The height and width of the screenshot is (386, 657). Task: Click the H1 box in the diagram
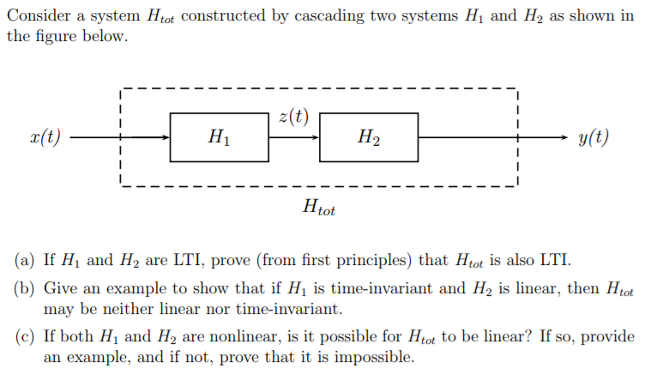point(219,137)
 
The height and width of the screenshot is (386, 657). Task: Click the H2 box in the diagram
point(369,137)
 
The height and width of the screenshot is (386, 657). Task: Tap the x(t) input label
point(45,137)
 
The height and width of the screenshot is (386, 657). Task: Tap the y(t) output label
point(594,137)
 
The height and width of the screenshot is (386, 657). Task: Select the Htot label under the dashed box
point(319,207)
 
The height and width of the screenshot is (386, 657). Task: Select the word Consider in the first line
point(36,16)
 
